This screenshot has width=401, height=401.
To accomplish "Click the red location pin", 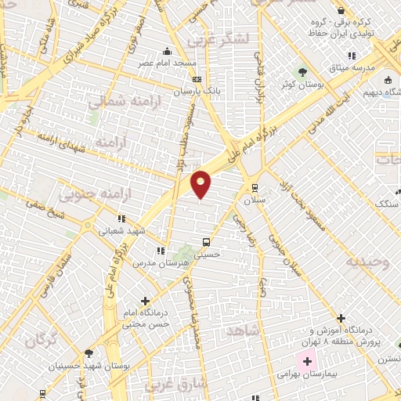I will (201, 183).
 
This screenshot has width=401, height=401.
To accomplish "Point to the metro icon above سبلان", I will (255, 187).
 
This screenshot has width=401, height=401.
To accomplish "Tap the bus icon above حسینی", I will (206, 242).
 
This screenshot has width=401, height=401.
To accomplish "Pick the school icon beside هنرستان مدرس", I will (161, 251).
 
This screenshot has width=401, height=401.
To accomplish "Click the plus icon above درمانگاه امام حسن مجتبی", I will (146, 300).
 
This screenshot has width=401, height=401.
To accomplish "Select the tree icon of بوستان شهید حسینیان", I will (89, 353).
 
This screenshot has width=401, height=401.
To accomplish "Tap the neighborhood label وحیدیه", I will (368, 262).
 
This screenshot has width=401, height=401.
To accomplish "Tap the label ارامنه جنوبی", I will (89, 192).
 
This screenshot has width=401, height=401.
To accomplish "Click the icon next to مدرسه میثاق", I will (352, 56).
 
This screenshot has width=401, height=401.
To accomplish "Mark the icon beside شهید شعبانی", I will (121, 219).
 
